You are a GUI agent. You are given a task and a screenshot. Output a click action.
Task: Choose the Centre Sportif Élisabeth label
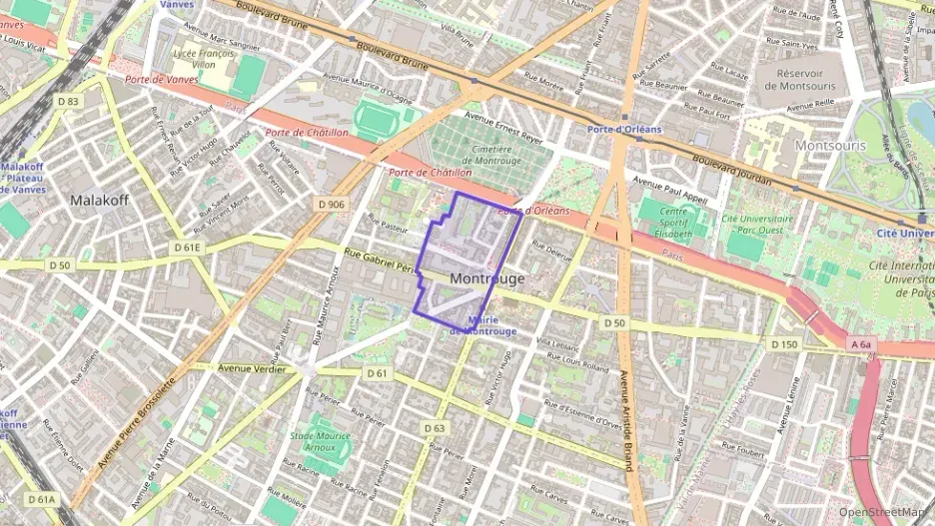point(664,225)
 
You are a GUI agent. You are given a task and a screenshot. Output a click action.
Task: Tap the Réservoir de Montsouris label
point(806,79)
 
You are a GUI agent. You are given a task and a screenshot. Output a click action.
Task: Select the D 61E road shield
point(186,248)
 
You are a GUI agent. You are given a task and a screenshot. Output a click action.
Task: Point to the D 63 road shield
point(434,428)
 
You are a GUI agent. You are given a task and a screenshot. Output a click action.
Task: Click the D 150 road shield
point(784,343)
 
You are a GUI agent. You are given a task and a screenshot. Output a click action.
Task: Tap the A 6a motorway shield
point(861,345)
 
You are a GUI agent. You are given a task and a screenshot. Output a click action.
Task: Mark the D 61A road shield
point(43,498)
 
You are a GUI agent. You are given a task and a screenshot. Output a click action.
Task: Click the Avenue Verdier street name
point(247,367)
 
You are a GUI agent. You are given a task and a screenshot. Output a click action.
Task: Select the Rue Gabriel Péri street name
point(379,262)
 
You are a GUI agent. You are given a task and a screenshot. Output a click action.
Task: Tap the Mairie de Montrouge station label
point(483,325)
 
